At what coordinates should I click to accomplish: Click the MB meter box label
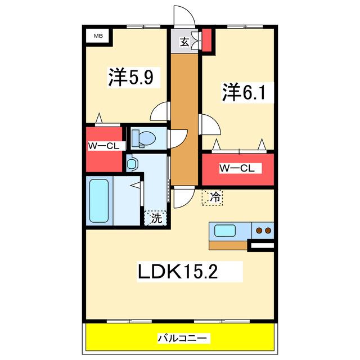click(x=98, y=36)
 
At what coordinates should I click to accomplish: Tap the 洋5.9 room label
click(x=131, y=77)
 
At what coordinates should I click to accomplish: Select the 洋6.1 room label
click(x=244, y=92)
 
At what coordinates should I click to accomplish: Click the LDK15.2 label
click(x=178, y=271)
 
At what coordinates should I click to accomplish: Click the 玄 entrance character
click(x=184, y=42)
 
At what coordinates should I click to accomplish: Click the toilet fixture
click(x=144, y=138)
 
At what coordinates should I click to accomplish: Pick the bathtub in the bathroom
click(x=99, y=201)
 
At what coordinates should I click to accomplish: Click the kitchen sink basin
click(x=225, y=230)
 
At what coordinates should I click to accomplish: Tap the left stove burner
click(x=259, y=230)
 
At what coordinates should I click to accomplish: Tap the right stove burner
click(x=268, y=230)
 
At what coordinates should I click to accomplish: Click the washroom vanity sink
click(x=131, y=164)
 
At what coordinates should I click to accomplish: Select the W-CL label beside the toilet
click(x=103, y=146)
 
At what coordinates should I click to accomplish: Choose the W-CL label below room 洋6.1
click(x=237, y=168)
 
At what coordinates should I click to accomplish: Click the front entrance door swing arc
click(x=188, y=11)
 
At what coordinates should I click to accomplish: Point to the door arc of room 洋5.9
click(x=156, y=108)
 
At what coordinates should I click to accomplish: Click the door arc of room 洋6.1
click(x=214, y=120)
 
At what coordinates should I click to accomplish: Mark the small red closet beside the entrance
click(x=206, y=40)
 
